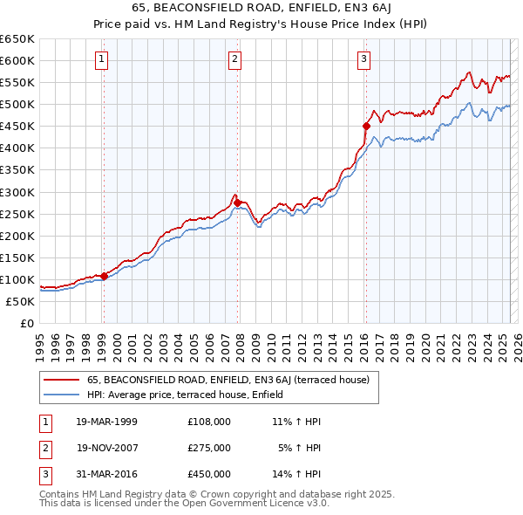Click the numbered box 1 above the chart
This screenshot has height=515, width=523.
point(102,59)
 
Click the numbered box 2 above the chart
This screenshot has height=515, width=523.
point(235,59)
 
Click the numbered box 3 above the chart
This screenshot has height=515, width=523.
point(363,59)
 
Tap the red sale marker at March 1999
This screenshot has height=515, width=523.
point(104,276)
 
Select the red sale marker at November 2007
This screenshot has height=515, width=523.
point(238,203)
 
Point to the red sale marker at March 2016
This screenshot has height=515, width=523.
point(366,126)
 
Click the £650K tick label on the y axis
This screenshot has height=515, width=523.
point(17,39)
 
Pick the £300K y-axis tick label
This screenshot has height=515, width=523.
point(17,192)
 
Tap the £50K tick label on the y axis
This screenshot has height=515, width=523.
point(21,301)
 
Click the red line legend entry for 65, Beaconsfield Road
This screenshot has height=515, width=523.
point(228,380)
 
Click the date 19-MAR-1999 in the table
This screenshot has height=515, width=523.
point(106,421)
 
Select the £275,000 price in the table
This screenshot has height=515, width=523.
point(209,448)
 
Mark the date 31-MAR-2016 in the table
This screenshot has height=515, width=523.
point(106,475)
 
